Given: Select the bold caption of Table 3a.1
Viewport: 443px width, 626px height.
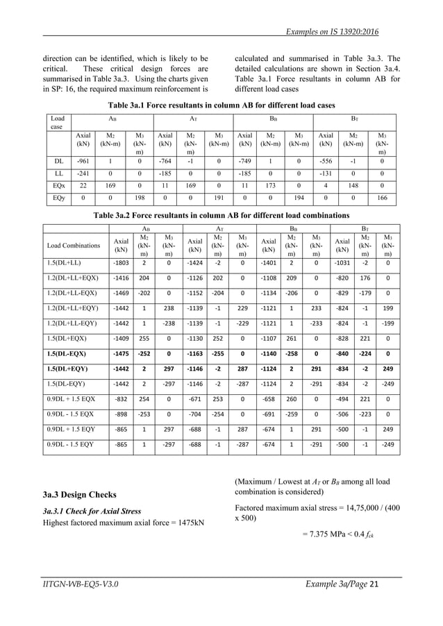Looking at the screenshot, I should pyautogui.click(x=221, y=105).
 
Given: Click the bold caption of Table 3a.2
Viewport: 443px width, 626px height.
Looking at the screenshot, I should pyautogui.click(x=221, y=215).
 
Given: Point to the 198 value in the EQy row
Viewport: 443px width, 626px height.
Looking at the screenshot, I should pyautogui.click(x=139, y=198).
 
